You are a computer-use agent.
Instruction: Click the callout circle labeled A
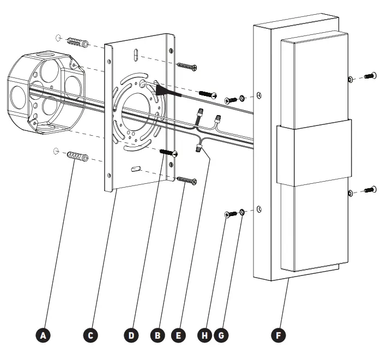45,335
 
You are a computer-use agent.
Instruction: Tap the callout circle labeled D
131,335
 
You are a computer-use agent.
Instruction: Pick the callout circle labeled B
157,335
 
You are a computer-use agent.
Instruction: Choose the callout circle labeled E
178,335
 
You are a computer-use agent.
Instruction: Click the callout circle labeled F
278,335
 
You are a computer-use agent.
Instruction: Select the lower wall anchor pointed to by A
77,158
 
